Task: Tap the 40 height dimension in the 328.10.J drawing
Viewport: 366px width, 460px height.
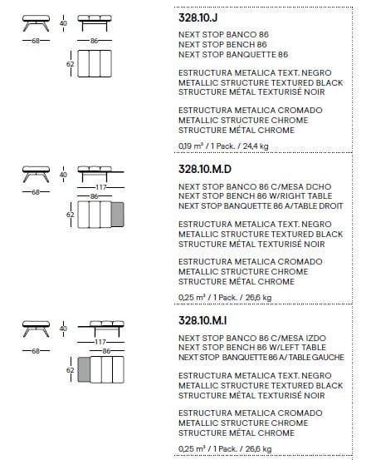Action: click(x=64, y=23)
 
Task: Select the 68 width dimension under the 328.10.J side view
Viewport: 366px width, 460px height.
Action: click(x=35, y=40)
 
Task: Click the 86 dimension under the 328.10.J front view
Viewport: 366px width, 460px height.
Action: click(x=95, y=40)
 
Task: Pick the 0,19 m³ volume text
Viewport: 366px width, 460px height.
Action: click(x=193, y=146)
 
